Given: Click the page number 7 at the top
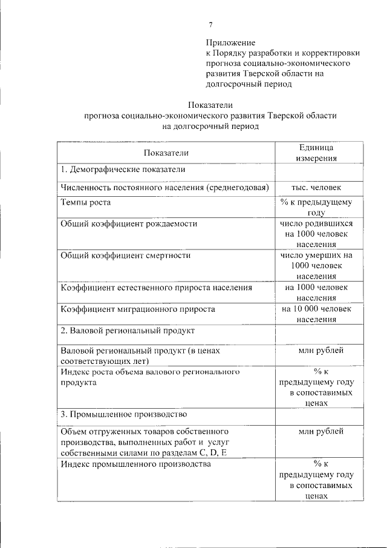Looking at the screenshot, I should coord(210,25).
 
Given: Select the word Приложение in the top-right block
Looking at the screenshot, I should coord(230,43).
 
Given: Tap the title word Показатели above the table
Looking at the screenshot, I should coord(210,105).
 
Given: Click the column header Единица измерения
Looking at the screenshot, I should coord(316,153).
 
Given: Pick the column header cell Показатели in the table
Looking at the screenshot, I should coord(166,153).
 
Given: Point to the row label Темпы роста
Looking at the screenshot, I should coord(86,202).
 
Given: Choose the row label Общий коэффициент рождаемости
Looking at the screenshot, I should coord(129,223).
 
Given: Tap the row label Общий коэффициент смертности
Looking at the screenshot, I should coord(126,256).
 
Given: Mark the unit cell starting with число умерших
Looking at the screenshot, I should coord(316,266).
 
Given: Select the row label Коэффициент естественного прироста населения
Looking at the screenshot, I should coord(156,288).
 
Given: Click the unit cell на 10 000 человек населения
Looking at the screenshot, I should coord(316,314).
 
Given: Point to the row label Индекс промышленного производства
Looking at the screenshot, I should coord(136,464).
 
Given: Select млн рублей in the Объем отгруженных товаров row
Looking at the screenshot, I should coord(321,432).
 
